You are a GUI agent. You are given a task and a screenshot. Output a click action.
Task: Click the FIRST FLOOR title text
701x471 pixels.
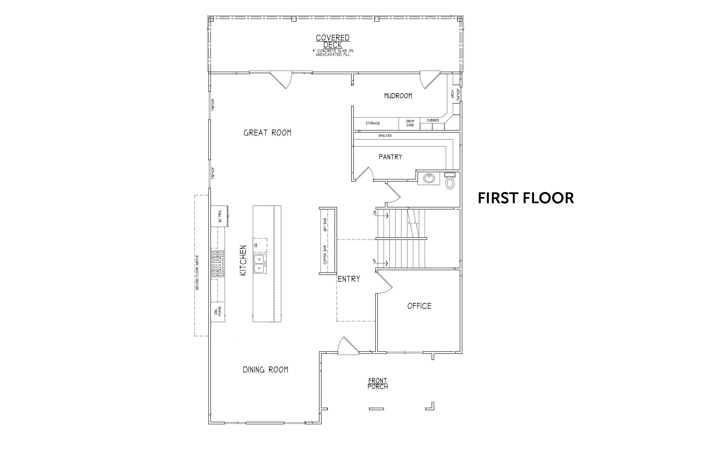pyautogui.click(x=526, y=198)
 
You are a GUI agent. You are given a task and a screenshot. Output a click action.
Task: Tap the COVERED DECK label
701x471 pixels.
pyautogui.click(x=333, y=41)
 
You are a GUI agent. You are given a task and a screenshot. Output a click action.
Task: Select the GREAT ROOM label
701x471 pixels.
pyautogui.click(x=267, y=133)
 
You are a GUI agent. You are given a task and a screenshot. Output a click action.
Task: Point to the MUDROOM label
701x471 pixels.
pyautogui.click(x=398, y=96)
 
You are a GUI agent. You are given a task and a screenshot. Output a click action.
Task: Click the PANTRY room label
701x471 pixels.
pyautogui.click(x=390, y=157)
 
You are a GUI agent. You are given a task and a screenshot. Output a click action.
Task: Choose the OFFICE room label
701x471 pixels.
pyautogui.click(x=419, y=306)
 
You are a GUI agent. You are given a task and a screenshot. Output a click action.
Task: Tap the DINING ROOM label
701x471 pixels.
pyautogui.click(x=265, y=370)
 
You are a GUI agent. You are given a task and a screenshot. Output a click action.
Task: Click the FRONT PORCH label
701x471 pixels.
pyautogui.click(x=378, y=383)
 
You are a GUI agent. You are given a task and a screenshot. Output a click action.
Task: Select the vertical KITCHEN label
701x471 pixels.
pyautogui.click(x=243, y=260)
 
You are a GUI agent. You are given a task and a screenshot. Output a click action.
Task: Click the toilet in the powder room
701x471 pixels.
pyautogui.click(x=450, y=181)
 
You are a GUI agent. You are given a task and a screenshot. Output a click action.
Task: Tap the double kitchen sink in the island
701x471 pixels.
pyautogui.click(x=260, y=264)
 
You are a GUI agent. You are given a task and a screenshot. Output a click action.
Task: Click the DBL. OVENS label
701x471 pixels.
pyautogui.click(x=217, y=312)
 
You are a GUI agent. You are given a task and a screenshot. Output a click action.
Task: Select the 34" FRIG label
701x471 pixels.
pyautogui.click(x=220, y=216)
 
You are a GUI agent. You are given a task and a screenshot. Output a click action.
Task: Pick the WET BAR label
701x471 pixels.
pyautogui.click(x=325, y=225)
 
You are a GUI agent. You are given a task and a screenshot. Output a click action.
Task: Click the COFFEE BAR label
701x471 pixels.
pyautogui.click(x=325, y=255)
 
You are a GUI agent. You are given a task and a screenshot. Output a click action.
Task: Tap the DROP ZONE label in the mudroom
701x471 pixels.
pyautogui.click(x=410, y=123)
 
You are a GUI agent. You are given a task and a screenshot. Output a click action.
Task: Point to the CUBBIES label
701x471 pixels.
pyautogui.click(x=433, y=120)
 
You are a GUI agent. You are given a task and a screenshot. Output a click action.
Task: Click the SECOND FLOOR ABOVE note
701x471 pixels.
pyautogui.click(x=197, y=273)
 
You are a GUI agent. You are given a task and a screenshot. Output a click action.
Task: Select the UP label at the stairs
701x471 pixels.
pyautogui.click(x=375, y=261)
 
